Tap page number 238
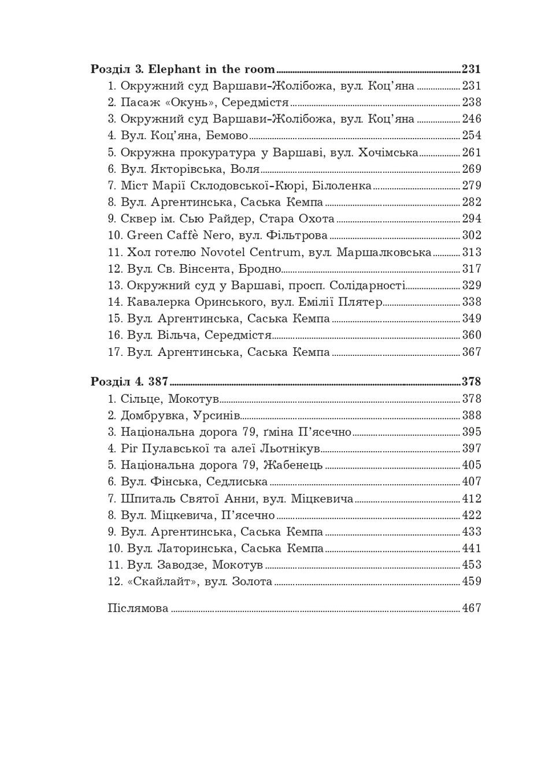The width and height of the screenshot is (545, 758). click(472, 103)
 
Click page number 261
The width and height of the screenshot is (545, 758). click(472, 153)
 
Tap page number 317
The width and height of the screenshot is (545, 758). click(472, 269)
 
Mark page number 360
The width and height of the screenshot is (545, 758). click(472, 335)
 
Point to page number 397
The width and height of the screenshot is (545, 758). click(472, 448)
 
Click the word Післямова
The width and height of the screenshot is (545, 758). click(138, 608)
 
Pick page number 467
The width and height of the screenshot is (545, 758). click(472, 608)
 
